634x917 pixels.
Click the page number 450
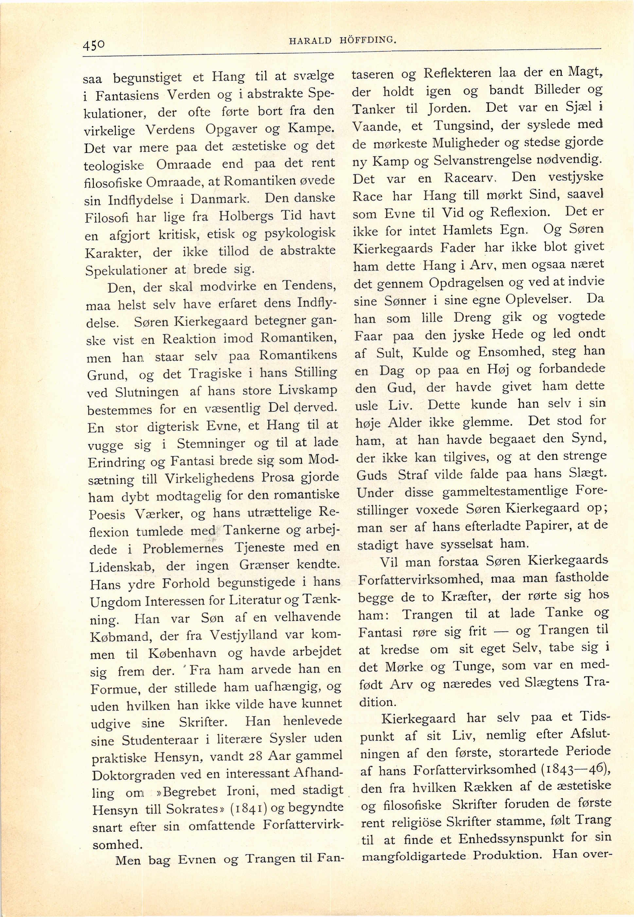[94, 44]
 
